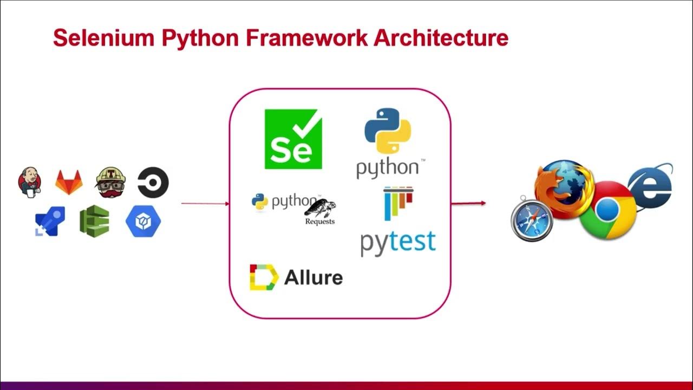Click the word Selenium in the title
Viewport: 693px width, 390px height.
(104, 38)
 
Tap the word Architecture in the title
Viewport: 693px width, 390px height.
(441, 38)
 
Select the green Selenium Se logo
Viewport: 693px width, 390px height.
(293, 139)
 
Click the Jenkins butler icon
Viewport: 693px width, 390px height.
(30, 183)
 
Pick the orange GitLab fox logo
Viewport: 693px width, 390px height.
(69, 182)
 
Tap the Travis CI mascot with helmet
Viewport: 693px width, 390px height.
(111, 183)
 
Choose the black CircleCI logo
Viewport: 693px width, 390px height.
(153, 183)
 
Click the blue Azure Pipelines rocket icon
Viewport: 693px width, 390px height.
(50, 221)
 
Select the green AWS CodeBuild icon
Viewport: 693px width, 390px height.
(94, 221)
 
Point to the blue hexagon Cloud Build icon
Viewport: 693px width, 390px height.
(143, 222)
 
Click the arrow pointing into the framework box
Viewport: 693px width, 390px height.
(205, 203)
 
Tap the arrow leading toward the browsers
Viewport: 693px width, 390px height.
(468, 203)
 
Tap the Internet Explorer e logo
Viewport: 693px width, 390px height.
(651, 186)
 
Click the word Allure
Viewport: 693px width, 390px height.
(313, 277)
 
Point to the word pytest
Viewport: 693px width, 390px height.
(398, 243)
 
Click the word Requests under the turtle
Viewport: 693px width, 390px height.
(320, 222)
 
